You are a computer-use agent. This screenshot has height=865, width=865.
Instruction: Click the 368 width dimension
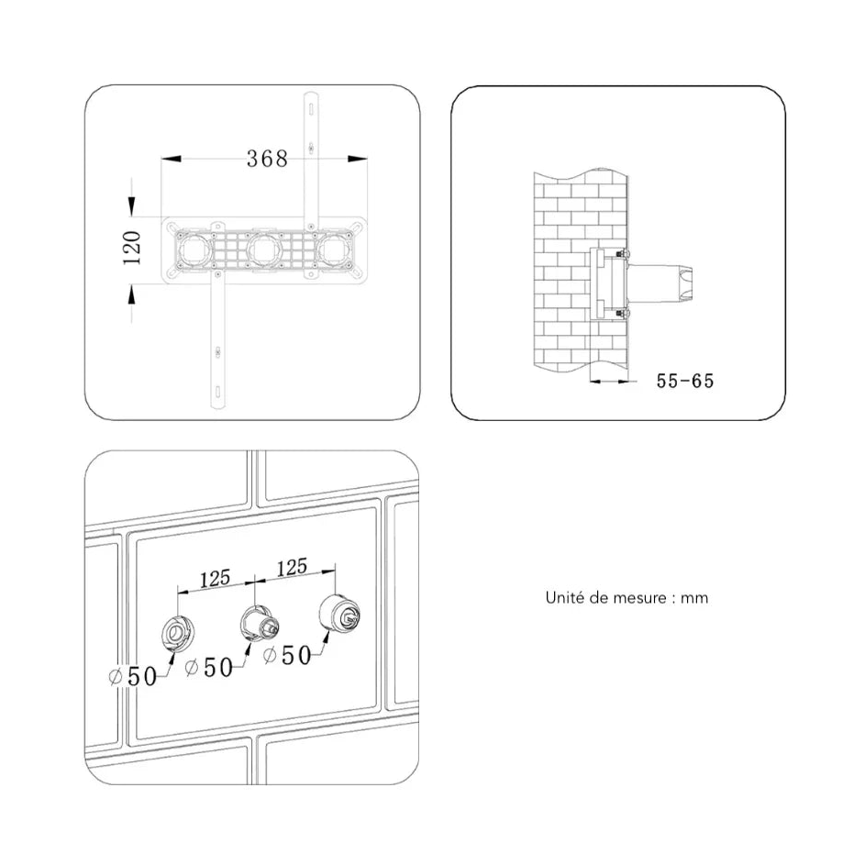coord(267,159)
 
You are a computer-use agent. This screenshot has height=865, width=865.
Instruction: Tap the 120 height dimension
coord(132,248)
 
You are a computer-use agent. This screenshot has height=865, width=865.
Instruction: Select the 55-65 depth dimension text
coord(685,381)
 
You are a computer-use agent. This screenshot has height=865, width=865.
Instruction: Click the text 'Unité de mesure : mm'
coord(627,597)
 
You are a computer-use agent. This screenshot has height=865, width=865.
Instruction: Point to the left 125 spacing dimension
coord(215,579)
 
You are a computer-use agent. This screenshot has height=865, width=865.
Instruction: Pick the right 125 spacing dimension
coord(292,567)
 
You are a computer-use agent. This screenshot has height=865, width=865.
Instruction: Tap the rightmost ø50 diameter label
coord(287,655)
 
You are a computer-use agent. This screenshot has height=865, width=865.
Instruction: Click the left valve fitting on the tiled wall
coord(177,632)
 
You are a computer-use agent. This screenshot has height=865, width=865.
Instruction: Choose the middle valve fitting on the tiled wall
coord(259,623)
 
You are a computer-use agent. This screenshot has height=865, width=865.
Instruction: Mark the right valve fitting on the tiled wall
coord(339,615)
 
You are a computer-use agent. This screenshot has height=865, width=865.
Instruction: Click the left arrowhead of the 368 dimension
coord(171,159)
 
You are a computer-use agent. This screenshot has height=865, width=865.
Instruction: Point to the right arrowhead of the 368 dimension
coord(358,159)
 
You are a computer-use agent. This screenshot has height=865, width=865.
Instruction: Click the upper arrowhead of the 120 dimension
coord(131,206)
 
